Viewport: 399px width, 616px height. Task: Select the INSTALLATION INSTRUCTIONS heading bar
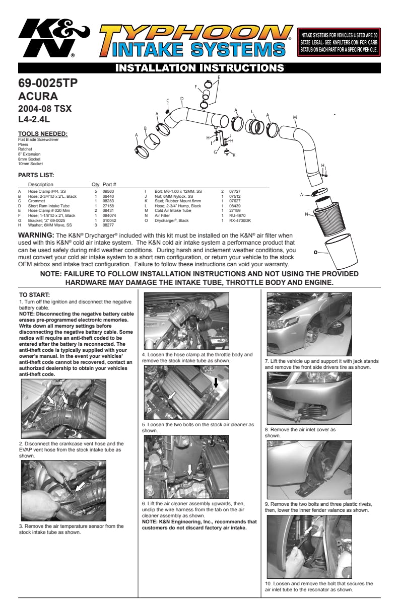pyautogui.click(x=199, y=67)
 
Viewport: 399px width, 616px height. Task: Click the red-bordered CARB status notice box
pyautogui.click(x=339, y=42)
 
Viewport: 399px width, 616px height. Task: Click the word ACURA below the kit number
pyautogui.click(x=38, y=96)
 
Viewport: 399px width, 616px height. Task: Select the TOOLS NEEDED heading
pyautogui.click(x=42, y=134)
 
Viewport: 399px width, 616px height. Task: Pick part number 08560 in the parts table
pyautogui.click(x=108, y=192)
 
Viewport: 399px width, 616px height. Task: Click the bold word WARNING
pyautogui.click(x=36, y=235)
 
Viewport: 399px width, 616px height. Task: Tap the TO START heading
pyautogui.click(x=34, y=295)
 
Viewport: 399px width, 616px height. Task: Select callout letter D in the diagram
pyautogui.click(x=181, y=99)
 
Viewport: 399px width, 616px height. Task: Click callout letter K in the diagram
pyautogui.click(x=234, y=155)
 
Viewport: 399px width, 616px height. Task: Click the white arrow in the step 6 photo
pyautogui.click(x=189, y=470)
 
